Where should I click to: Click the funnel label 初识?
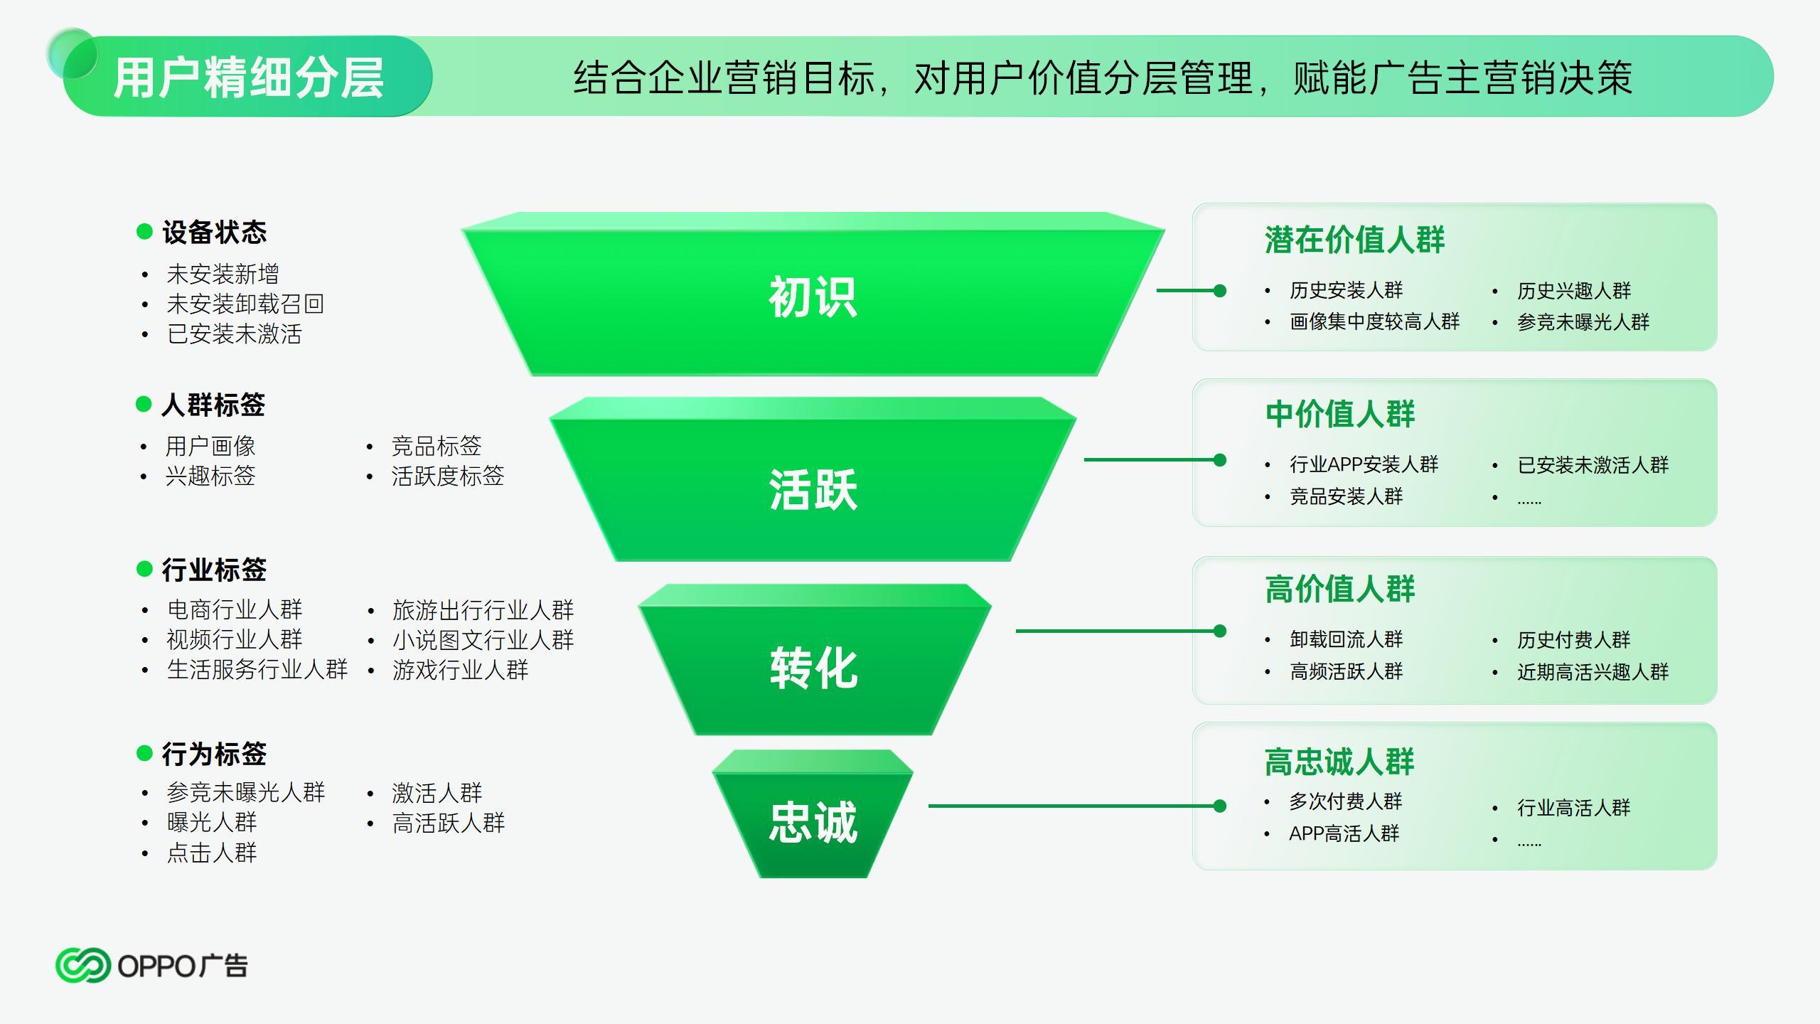[x=813, y=297]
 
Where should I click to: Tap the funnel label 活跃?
[x=813, y=489]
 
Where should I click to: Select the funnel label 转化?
[x=813, y=668]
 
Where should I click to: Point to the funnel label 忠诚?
[x=813, y=823]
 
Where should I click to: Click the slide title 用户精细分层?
[x=249, y=78]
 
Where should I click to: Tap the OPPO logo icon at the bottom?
[x=83, y=965]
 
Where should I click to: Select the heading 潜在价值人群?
[x=1355, y=240]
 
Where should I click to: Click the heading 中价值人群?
[x=1340, y=414]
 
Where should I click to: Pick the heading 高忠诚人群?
[x=1340, y=762]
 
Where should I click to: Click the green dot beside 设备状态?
[x=144, y=231]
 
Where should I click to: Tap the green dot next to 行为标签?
[x=144, y=753]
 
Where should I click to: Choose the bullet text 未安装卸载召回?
[x=245, y=304]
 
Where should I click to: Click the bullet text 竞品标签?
[x=437, y=446]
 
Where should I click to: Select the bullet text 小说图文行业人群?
[x=483, y=640]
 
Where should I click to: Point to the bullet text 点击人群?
[x=212, y=853]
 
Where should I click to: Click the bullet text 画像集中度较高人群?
[x=1375, y=322]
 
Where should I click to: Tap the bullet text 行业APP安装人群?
[x=1364, y=464]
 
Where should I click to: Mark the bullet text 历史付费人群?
[x=1574, y=640]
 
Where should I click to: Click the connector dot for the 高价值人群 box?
[x=1220, y=631]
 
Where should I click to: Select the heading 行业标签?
[x=214, y=570]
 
